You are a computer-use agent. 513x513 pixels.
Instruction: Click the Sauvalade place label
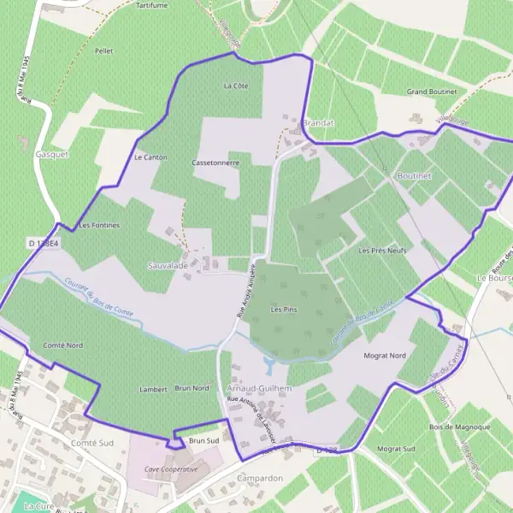coord(168,266)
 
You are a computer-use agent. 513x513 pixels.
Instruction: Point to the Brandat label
coord(318,123)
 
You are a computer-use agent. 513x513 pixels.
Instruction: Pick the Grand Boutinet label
coord(432,91)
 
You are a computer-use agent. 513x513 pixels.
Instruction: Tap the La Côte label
coord(235,85)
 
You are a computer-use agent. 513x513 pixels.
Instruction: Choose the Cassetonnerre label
coord(215,162)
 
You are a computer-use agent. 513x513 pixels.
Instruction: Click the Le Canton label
coord(150,157)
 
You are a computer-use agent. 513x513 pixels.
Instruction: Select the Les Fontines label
coord(98,225)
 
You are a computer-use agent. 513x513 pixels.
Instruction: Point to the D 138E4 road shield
coord(43,244)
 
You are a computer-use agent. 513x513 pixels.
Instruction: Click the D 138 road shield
coord(322,449)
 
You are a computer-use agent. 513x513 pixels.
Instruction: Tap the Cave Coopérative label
coord(171,469)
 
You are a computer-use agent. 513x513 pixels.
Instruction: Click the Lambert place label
coord(153,389)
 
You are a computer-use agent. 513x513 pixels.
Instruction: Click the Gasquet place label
coord(52,155)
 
